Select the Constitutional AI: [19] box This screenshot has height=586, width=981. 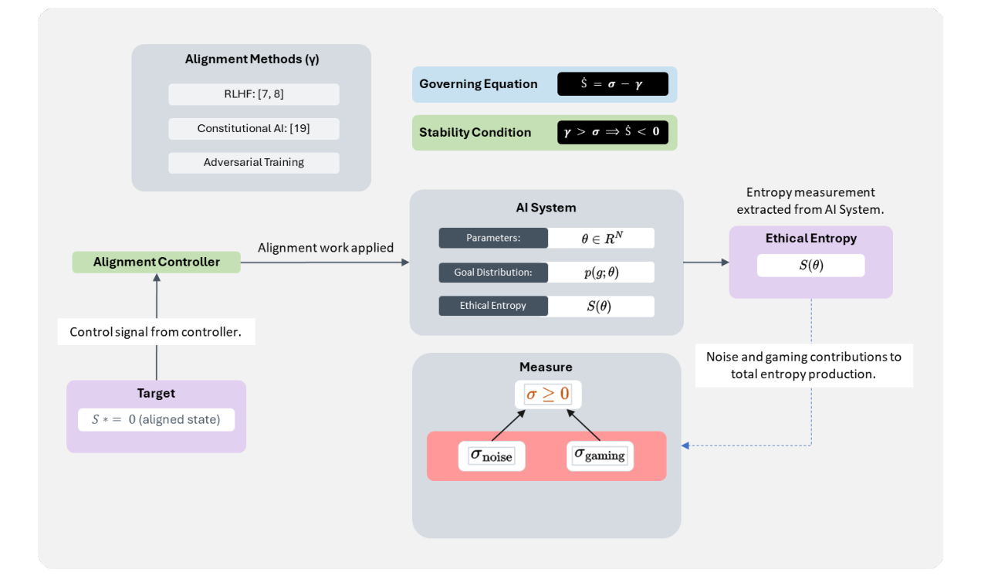tap(253, 128)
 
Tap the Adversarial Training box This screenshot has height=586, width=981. tap(253, 162)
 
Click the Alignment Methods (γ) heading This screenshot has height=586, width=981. tap(252, 59)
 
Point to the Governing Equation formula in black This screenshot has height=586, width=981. tap(612, 84)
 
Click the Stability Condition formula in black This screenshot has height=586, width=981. tap(612, 132)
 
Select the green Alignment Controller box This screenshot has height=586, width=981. tap(157, 262)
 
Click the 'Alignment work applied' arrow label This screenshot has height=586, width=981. tap(326, 248)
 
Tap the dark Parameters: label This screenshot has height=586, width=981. tap(493, 238)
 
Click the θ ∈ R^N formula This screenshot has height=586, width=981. tap(601, 238)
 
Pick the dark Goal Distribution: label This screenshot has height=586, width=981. tap(493, 272)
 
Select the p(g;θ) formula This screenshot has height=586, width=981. tap(601, 272)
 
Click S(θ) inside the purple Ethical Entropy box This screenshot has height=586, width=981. tap(810, 265)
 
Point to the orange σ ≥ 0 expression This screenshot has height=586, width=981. tap(548, 395)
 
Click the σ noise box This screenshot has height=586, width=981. tap(491, 456)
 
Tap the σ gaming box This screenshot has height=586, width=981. tap(600, 455)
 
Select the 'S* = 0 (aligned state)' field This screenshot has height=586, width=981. tap(156, 419)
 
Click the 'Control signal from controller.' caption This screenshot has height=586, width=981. tap(157, 332)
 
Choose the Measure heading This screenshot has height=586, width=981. tap(546, 367)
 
